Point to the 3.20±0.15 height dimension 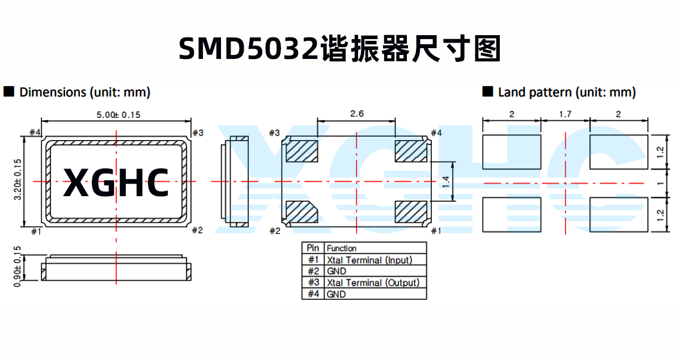click(18, 179)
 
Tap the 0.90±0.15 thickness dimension click(18, 266)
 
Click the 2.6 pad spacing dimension click(356, 114)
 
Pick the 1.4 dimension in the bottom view click(445, 181)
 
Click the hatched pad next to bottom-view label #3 click(301, 151)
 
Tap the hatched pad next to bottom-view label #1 click(411, 212)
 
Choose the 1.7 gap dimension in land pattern click(565, 115)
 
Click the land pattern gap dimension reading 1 click(660, 183)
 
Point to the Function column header click(342, 248)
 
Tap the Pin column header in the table click(313, 248)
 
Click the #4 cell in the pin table click(313, 294)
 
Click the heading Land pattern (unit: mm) click(566, 92)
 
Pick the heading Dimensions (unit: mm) click(85, 92)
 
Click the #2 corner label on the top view click(197, 230)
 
